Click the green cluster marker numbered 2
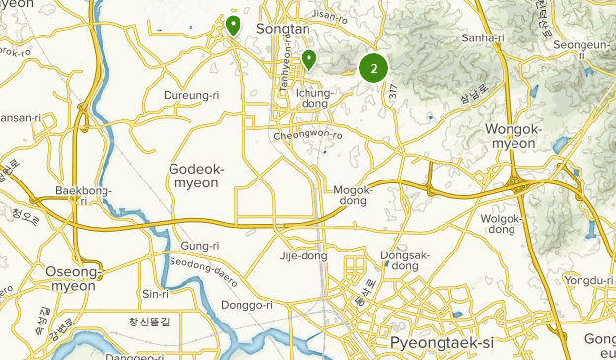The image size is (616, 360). pos(374,68)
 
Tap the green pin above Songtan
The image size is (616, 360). pos(234,24)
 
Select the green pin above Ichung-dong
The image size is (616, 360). pos(308,59)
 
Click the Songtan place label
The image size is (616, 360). pos(284,30)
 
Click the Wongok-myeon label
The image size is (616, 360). pos(512,136)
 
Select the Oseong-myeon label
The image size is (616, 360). pos(72,278)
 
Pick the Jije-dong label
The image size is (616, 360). pos(302,256)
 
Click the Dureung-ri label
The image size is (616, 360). pos(188,96)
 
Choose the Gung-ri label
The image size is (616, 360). pos(199,245)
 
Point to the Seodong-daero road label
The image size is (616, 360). pos(204,269)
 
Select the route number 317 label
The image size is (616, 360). pos(392,92)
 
